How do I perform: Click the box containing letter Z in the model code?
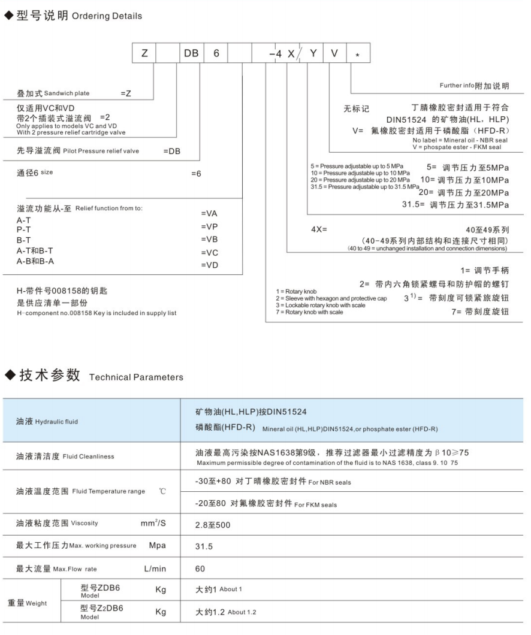144,54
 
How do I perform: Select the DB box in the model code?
191,54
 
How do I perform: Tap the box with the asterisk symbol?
358,54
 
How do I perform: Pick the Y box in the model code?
312,54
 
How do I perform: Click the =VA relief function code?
209,214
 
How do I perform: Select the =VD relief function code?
209,265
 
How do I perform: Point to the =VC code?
209,252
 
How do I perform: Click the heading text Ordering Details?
107,16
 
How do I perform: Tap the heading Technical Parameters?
136,377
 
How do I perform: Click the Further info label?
474,86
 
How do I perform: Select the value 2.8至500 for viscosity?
213,525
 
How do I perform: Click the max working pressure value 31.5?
204,546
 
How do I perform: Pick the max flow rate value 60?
200,568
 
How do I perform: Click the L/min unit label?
155,568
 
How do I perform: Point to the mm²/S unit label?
153,524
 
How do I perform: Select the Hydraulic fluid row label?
48,422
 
